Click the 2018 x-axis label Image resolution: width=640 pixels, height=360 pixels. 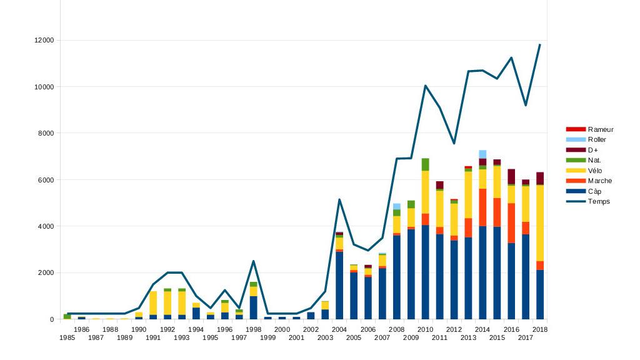[540, 329]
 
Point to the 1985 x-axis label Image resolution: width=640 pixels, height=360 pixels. [67, 338]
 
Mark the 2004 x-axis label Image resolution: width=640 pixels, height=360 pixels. [339, 329]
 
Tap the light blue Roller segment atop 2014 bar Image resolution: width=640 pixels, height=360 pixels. [482, 154]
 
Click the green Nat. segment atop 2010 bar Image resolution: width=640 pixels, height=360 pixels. [425, 164]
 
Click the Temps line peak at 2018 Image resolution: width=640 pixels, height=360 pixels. [539, 44]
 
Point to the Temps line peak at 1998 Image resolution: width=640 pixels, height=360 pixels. [253, 261]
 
